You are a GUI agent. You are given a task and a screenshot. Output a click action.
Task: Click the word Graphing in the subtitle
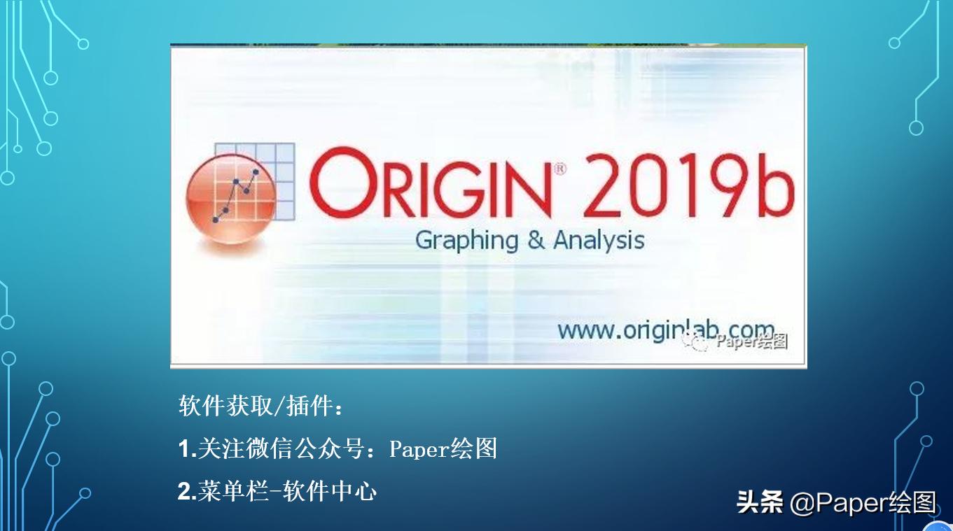click(466, 241)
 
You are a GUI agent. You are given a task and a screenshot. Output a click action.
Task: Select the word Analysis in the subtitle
click(599, 240)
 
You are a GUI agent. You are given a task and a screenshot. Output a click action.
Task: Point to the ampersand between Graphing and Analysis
click(536, 240)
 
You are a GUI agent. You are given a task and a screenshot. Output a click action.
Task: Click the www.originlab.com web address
click(665, 330)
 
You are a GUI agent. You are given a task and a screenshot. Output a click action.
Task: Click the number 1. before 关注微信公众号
click(188, 449)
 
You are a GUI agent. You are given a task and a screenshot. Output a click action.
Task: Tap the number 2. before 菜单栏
click(188, 492)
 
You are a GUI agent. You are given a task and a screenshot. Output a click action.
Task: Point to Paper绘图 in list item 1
click(443, 449)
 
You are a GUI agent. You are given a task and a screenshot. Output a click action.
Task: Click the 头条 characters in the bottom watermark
click(760, 502)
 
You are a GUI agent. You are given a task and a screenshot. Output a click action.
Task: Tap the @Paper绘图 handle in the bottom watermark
click(863, 502)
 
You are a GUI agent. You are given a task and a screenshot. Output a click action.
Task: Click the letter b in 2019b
click(774, 183)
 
